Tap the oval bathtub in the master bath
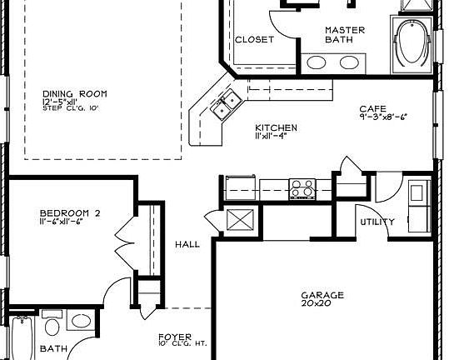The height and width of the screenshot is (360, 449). [411, 45]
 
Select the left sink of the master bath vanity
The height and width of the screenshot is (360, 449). [317, 62]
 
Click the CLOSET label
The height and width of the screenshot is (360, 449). [254, 39]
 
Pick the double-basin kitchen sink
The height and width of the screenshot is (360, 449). [225, 106]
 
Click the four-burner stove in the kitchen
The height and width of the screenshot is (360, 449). [301, 186]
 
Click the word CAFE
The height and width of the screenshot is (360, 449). [372, 108]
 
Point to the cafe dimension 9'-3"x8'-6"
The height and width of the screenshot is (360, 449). [383, 117]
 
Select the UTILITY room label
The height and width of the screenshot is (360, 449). [376, 222]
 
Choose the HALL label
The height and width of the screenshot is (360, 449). [187, 244]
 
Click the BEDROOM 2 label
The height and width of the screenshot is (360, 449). [70, 213]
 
